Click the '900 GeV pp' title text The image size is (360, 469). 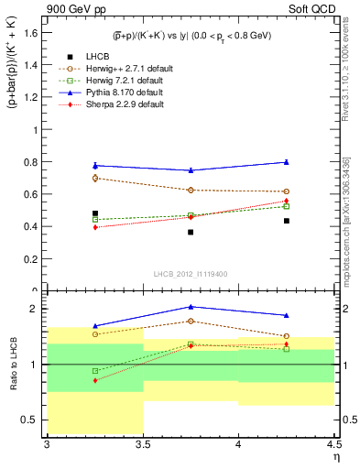[72, 10]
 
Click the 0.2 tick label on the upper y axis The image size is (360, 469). [34, 258]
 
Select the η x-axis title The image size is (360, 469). [335, 456]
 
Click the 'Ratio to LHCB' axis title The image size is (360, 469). [15, 365]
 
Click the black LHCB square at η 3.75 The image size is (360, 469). [191, 232]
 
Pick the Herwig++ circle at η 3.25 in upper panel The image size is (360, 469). [95, 178]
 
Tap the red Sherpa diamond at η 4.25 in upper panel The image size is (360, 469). [286, 201]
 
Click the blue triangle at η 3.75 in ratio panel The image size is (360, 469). [191, 307]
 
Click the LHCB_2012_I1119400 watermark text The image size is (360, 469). [191, 274]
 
